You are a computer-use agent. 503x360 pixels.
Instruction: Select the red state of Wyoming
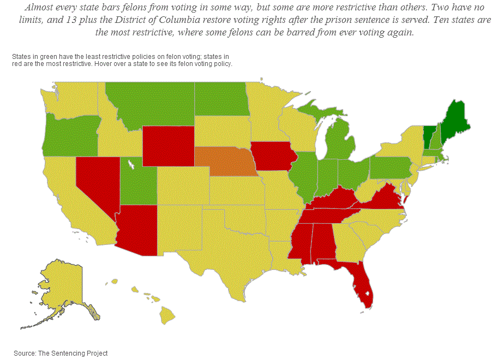[x=167, y=146]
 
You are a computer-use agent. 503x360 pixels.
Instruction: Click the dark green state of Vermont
[x=429, y=134]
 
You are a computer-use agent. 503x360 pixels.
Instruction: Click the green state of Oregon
[x=70, y=136]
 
